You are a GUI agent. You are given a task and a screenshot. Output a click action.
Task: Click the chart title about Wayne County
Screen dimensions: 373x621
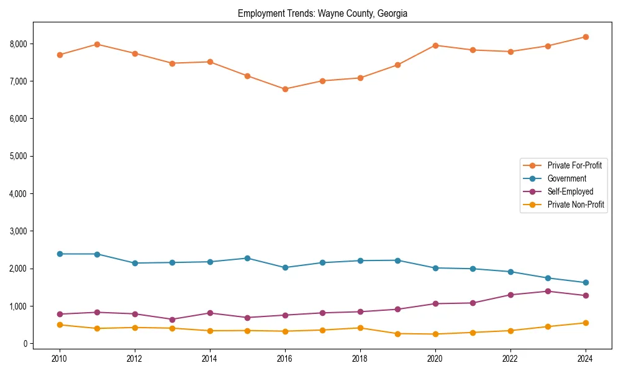tap(322, 13)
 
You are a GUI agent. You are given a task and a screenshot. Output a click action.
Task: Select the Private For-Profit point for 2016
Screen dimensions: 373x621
tap(285, 89)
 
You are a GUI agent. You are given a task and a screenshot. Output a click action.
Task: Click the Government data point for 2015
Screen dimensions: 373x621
tap(247, 258)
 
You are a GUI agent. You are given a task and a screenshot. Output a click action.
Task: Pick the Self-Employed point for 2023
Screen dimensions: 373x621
tap(548, 291)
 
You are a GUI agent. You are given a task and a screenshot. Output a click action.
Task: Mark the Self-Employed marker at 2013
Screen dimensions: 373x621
tap(172, 320)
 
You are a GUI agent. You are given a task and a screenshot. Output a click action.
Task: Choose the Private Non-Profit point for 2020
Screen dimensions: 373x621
tap(435, 334)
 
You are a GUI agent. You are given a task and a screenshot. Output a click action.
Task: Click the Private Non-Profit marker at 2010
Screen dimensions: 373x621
tap(60, 325)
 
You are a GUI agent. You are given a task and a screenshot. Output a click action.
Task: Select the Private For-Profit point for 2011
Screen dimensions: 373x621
tap(97, 44)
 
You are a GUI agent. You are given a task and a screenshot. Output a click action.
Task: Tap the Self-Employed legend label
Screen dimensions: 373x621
tap(570, 191)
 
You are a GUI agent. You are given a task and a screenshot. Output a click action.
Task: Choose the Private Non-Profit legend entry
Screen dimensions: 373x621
tap(576, 205)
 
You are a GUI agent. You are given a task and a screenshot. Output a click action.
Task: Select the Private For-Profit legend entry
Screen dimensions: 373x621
tap(574, 165)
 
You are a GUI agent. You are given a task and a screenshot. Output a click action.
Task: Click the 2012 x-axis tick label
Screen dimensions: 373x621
tap(135, 358)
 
